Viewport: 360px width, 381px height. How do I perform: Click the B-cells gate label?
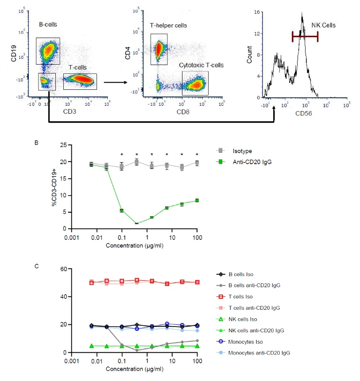pos(48,24)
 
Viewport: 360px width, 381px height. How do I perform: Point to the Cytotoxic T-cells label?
pos(201,65)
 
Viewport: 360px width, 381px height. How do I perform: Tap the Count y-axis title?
pos(250,54)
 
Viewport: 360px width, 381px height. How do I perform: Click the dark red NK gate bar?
pos(305,37)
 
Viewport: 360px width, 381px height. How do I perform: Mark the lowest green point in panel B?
pos(137,223)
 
